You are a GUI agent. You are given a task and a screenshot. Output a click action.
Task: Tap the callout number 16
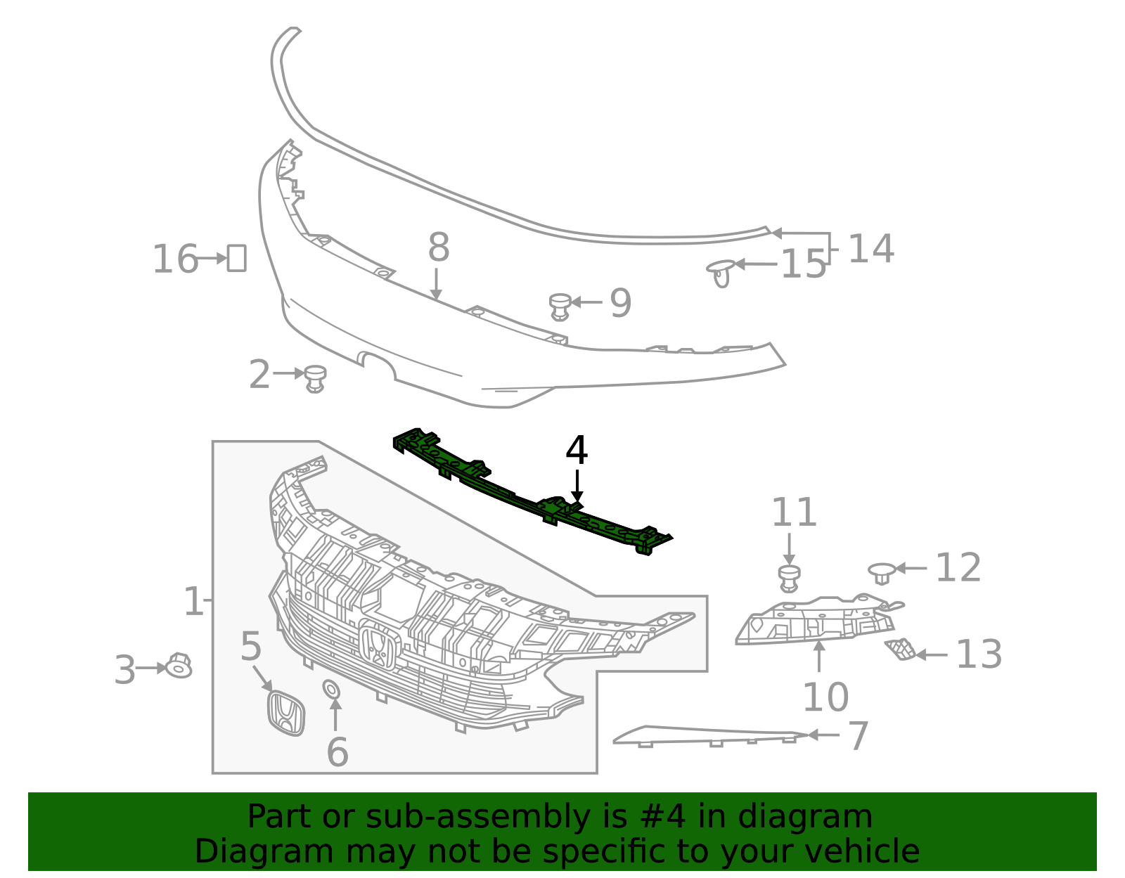click(x=175, y=259)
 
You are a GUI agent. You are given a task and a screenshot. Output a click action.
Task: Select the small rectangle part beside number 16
click(x=236, y=258)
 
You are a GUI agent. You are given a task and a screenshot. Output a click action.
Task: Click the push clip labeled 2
click(x=316, y=378)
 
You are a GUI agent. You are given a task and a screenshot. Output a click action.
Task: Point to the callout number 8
click(x=438, y=247)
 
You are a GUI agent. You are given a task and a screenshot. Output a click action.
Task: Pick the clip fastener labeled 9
click(x=560, y=306)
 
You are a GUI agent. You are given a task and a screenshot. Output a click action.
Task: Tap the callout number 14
click(x=870, y=249)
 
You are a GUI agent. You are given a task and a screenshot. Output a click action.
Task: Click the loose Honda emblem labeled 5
click(x=286, y=713)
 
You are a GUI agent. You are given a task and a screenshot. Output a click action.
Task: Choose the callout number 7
click(x=859, y=736)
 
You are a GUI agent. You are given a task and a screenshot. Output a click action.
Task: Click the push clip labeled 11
click(x=790, y=577)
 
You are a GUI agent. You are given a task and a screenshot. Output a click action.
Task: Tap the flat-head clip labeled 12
click(x=882, y=572)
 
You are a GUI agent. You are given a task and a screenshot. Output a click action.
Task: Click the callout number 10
click(x=825, y=697)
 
